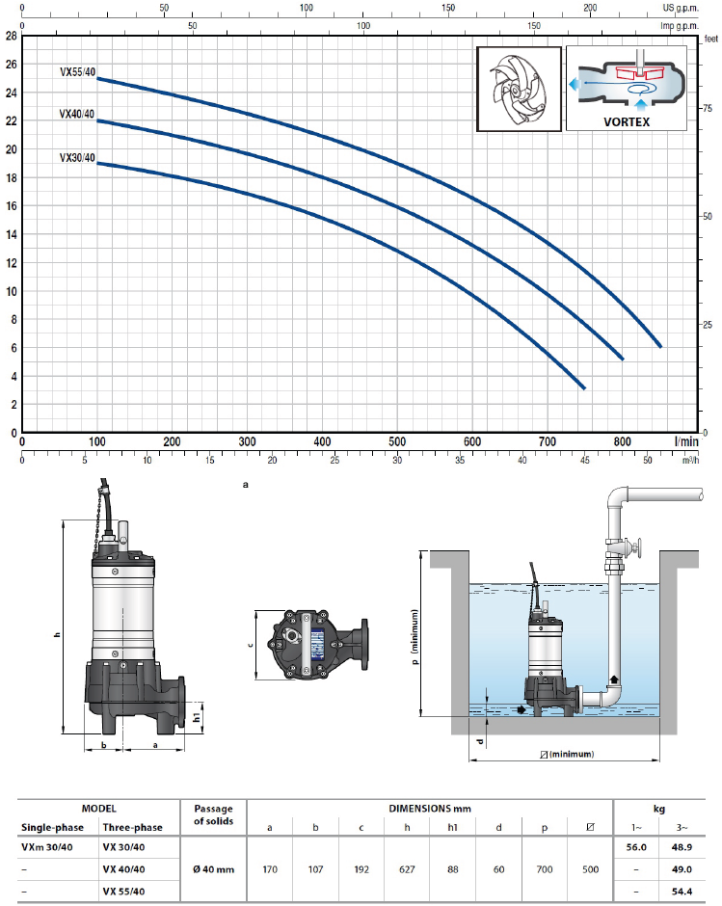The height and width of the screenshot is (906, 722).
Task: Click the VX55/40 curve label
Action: click(x=77, y=72)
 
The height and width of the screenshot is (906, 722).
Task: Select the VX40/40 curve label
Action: click(x=76, y=114)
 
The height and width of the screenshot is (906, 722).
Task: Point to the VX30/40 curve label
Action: click(x=77, y=158)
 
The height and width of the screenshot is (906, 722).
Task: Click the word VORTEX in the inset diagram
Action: click(x=627, y=121)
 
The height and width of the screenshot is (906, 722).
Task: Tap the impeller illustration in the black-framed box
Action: click(x=520, y=89)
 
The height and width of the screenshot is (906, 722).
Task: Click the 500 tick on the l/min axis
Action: click(x=397, y=442)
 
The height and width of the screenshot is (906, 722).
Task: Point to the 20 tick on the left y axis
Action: click(x=12, y=149)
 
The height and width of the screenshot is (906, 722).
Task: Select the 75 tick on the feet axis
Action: click(x=708, y=108)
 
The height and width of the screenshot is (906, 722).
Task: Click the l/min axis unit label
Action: click(x=686, y=442)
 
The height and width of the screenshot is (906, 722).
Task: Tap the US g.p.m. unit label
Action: click(x=681, y=8)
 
